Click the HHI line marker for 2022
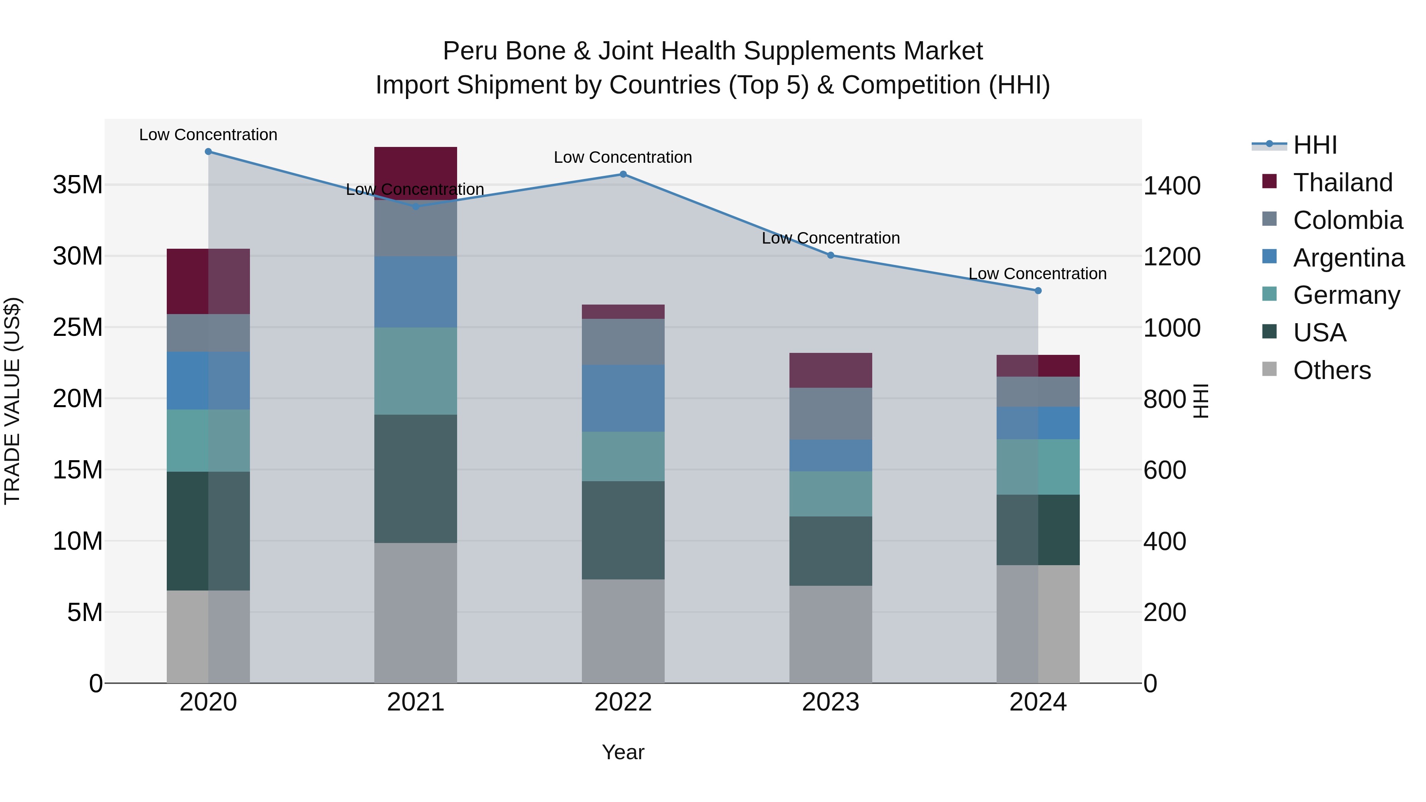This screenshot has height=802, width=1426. coord(623,174)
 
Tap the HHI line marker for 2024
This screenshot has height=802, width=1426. coord(1038,291)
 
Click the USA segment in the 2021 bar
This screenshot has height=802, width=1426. coord(416,479)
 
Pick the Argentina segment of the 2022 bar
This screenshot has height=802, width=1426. coord(623,398)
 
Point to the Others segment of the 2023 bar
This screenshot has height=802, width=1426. coord(830,634)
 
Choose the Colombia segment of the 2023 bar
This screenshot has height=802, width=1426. coord(830,413)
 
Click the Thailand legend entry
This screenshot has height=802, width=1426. coord(1342,183)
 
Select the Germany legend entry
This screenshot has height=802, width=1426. coord(1346,295)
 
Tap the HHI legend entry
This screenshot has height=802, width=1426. coord(1315,145)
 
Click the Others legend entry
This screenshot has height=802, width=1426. coord(1331,370)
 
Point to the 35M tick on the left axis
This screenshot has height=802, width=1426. coord(78,185)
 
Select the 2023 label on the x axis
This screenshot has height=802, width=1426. coord(830,702)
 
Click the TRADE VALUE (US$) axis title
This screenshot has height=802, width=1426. coord(12,401)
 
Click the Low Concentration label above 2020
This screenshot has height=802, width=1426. coord(208,135)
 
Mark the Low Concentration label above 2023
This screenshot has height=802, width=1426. coord(830,238)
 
